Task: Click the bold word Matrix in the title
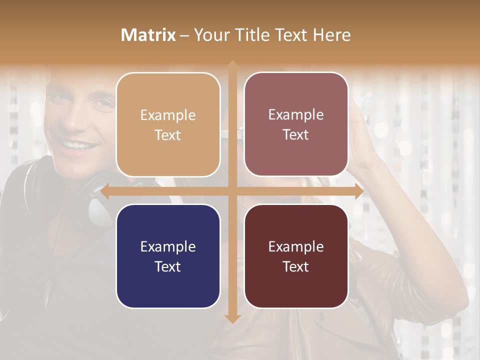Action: point(148,35)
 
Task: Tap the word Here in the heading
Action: point(331,35)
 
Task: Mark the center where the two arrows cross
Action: point(232,191)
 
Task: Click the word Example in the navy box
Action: point(168,247)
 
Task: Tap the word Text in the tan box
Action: point(168,135)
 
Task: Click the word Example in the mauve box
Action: point(296,115)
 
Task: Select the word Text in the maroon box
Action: point(296,266)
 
